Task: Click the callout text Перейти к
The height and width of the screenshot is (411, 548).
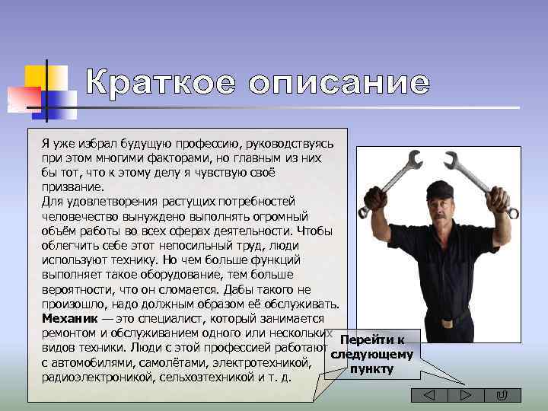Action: [372, 340]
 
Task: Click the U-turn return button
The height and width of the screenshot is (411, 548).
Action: [502, 394]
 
